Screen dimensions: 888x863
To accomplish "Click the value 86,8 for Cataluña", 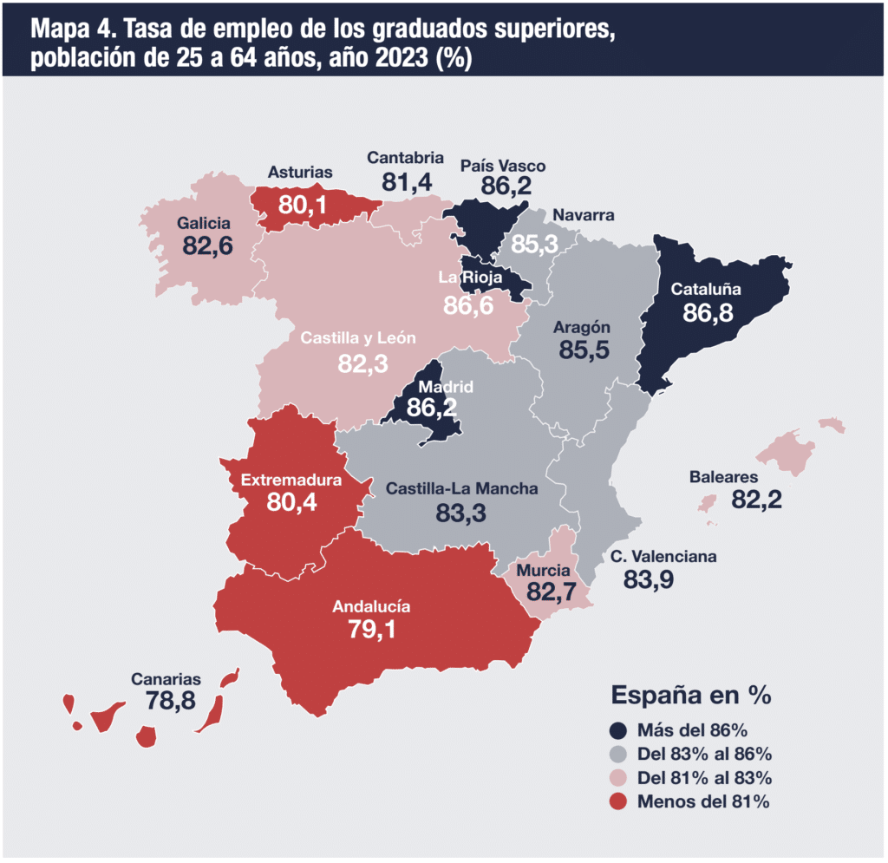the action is click(708, 312).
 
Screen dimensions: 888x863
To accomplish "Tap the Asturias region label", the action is click(299, 172).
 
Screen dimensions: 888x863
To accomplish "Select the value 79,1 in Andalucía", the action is click(371, 629).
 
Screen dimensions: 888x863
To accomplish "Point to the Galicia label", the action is click(203, 223).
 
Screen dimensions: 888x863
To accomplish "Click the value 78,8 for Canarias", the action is click(171, 701).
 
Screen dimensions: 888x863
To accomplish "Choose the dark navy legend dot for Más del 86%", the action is click(617, 730).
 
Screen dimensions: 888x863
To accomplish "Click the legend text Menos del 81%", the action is click(703, 801).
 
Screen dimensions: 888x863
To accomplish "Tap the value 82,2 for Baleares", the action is click(756, 500).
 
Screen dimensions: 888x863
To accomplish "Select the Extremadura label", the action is click(291, 481).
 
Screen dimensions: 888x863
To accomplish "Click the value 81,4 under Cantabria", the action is click(407, 182).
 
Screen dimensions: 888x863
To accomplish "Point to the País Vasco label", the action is click(503, 166).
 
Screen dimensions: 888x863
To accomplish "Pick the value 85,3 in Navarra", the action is click(534, 245).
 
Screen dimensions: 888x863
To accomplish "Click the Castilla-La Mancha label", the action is click(461, 488).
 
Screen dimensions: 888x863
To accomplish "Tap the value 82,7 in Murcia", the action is click(551, 592).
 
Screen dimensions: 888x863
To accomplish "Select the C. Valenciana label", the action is click(663, 557).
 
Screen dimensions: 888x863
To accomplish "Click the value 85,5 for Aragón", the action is click(584, 350).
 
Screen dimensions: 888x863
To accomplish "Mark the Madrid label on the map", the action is click(446, 388).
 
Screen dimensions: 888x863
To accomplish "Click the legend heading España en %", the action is click(691, 696).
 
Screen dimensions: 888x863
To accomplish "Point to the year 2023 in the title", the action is click(401, 58).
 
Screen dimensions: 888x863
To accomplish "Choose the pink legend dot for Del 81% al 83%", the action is click(617, 778).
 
